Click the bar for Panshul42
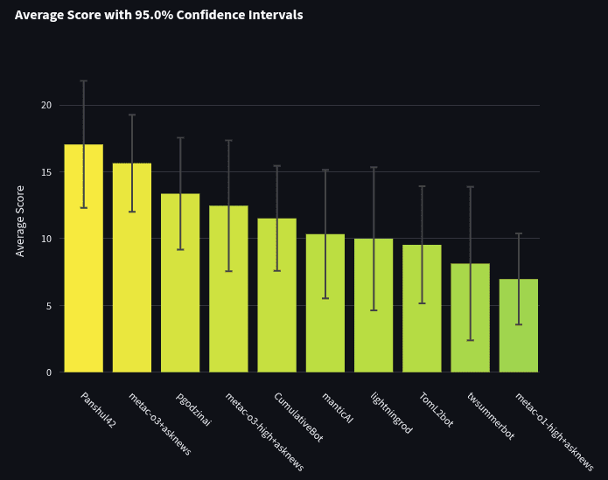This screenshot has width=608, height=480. [x=84, y=258]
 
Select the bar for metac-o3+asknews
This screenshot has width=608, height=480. [x=132, y=268]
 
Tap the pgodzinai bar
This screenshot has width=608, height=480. [x=180, y=282]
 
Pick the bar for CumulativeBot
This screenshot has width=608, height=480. [x=276, y=296]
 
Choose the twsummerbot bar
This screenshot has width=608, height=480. [x=471, y=317]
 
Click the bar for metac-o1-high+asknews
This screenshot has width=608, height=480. [x=519, y=325]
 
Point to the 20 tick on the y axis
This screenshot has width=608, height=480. [x=46, y=106]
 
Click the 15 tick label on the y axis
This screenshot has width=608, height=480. [x=46, y=172]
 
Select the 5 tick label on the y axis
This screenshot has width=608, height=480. [x=48, y=306]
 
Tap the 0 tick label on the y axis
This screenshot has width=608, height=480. [x=49, y=372]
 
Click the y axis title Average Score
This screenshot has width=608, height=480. [x=20, y=221]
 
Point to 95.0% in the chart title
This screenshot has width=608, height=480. [x=154, y=15]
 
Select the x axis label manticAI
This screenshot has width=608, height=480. [x=338, y=408]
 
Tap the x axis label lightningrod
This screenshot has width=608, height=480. [x=391, y=413]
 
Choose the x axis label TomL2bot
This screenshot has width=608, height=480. [x=437, y=409]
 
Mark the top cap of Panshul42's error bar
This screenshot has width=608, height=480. [x=84, y=81]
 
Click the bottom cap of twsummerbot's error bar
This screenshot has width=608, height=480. [x=471, y=340]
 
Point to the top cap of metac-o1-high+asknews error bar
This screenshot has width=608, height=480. [x=519, y=233]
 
